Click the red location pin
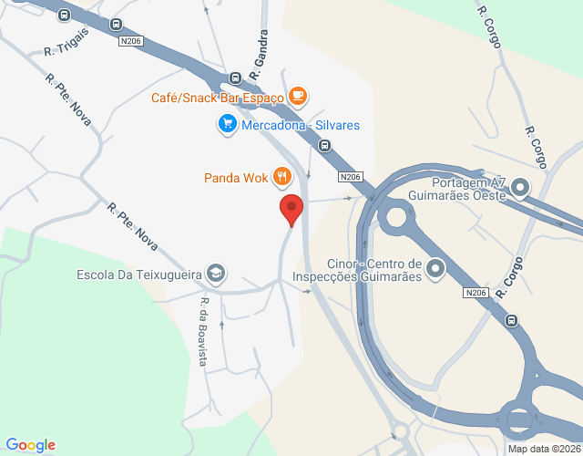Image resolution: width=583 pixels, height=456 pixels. coord(291,209)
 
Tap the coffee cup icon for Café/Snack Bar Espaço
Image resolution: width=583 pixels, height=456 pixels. coord(298,96)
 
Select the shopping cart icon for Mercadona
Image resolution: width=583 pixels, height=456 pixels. coord(227,124)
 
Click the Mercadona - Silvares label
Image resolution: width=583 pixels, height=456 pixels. coord(300,125)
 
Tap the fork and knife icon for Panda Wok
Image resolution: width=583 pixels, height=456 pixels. coord(283,177)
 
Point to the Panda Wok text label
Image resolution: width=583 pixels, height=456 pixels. coord(236,178)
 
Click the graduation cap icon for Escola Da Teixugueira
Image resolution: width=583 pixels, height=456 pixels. coord(216,273)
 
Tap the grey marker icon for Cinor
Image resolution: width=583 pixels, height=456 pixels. coord(435,268)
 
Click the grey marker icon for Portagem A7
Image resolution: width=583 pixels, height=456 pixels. coord(520,188)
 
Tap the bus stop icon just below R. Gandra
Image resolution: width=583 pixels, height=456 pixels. coord(235,79)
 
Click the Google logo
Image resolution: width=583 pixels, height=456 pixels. coord(30,445)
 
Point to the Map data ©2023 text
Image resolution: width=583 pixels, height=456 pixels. coord(544,448)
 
